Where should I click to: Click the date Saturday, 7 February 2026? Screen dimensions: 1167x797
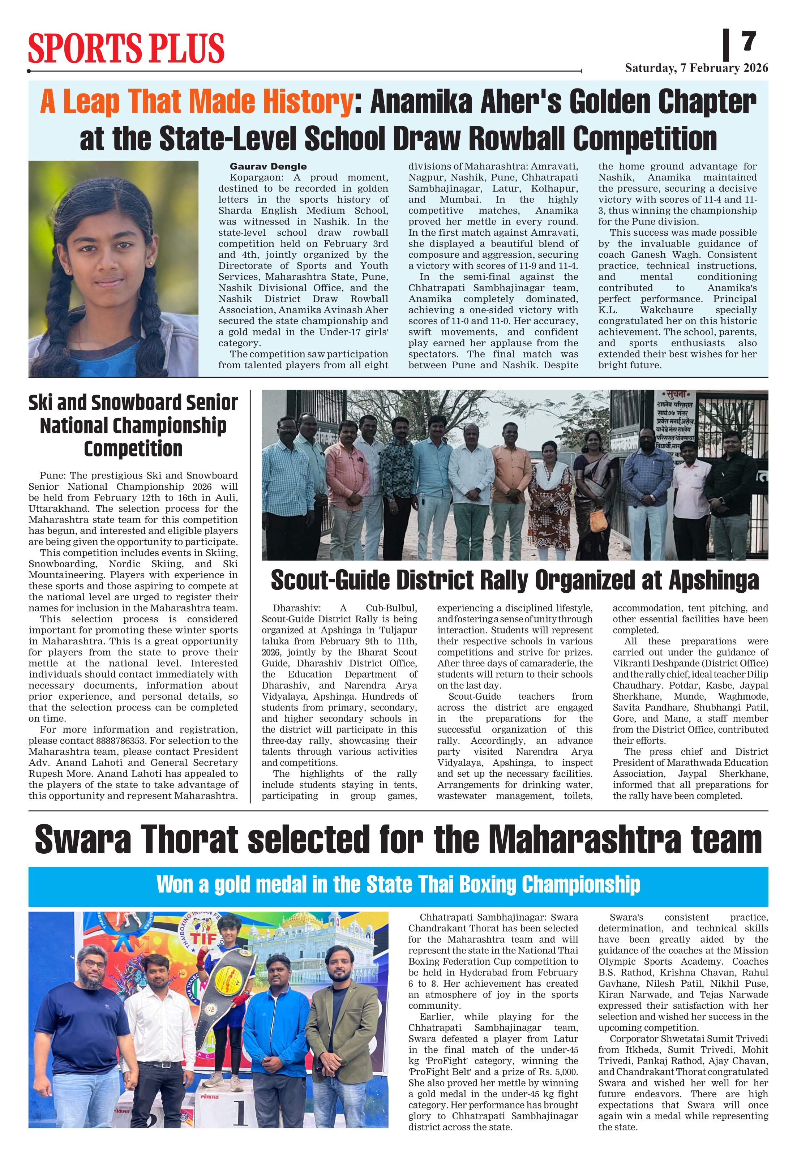pyautogui.click(x=696, y=68)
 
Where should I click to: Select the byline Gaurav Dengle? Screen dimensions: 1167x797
pyautogui.click(x=268, y=167)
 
